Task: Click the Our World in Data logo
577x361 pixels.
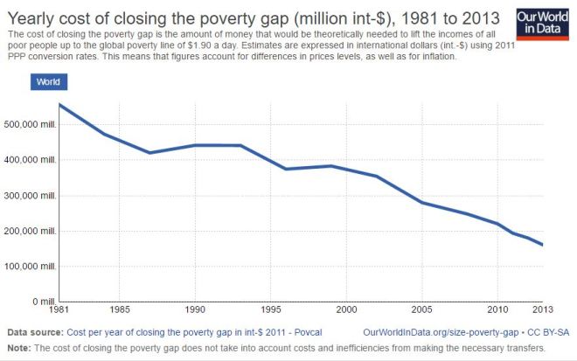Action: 541,24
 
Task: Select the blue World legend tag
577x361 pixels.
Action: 48,81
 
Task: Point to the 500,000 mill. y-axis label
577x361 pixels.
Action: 31,124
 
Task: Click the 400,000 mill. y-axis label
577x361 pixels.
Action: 31,160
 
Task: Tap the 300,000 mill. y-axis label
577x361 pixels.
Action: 31,195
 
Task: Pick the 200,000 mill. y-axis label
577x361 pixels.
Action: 31,231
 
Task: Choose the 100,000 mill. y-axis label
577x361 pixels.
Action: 31,266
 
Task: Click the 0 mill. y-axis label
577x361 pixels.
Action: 43,302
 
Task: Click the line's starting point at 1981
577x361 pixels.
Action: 59,105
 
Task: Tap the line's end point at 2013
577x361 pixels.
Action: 542,245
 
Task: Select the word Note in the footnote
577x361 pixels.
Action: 18,348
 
